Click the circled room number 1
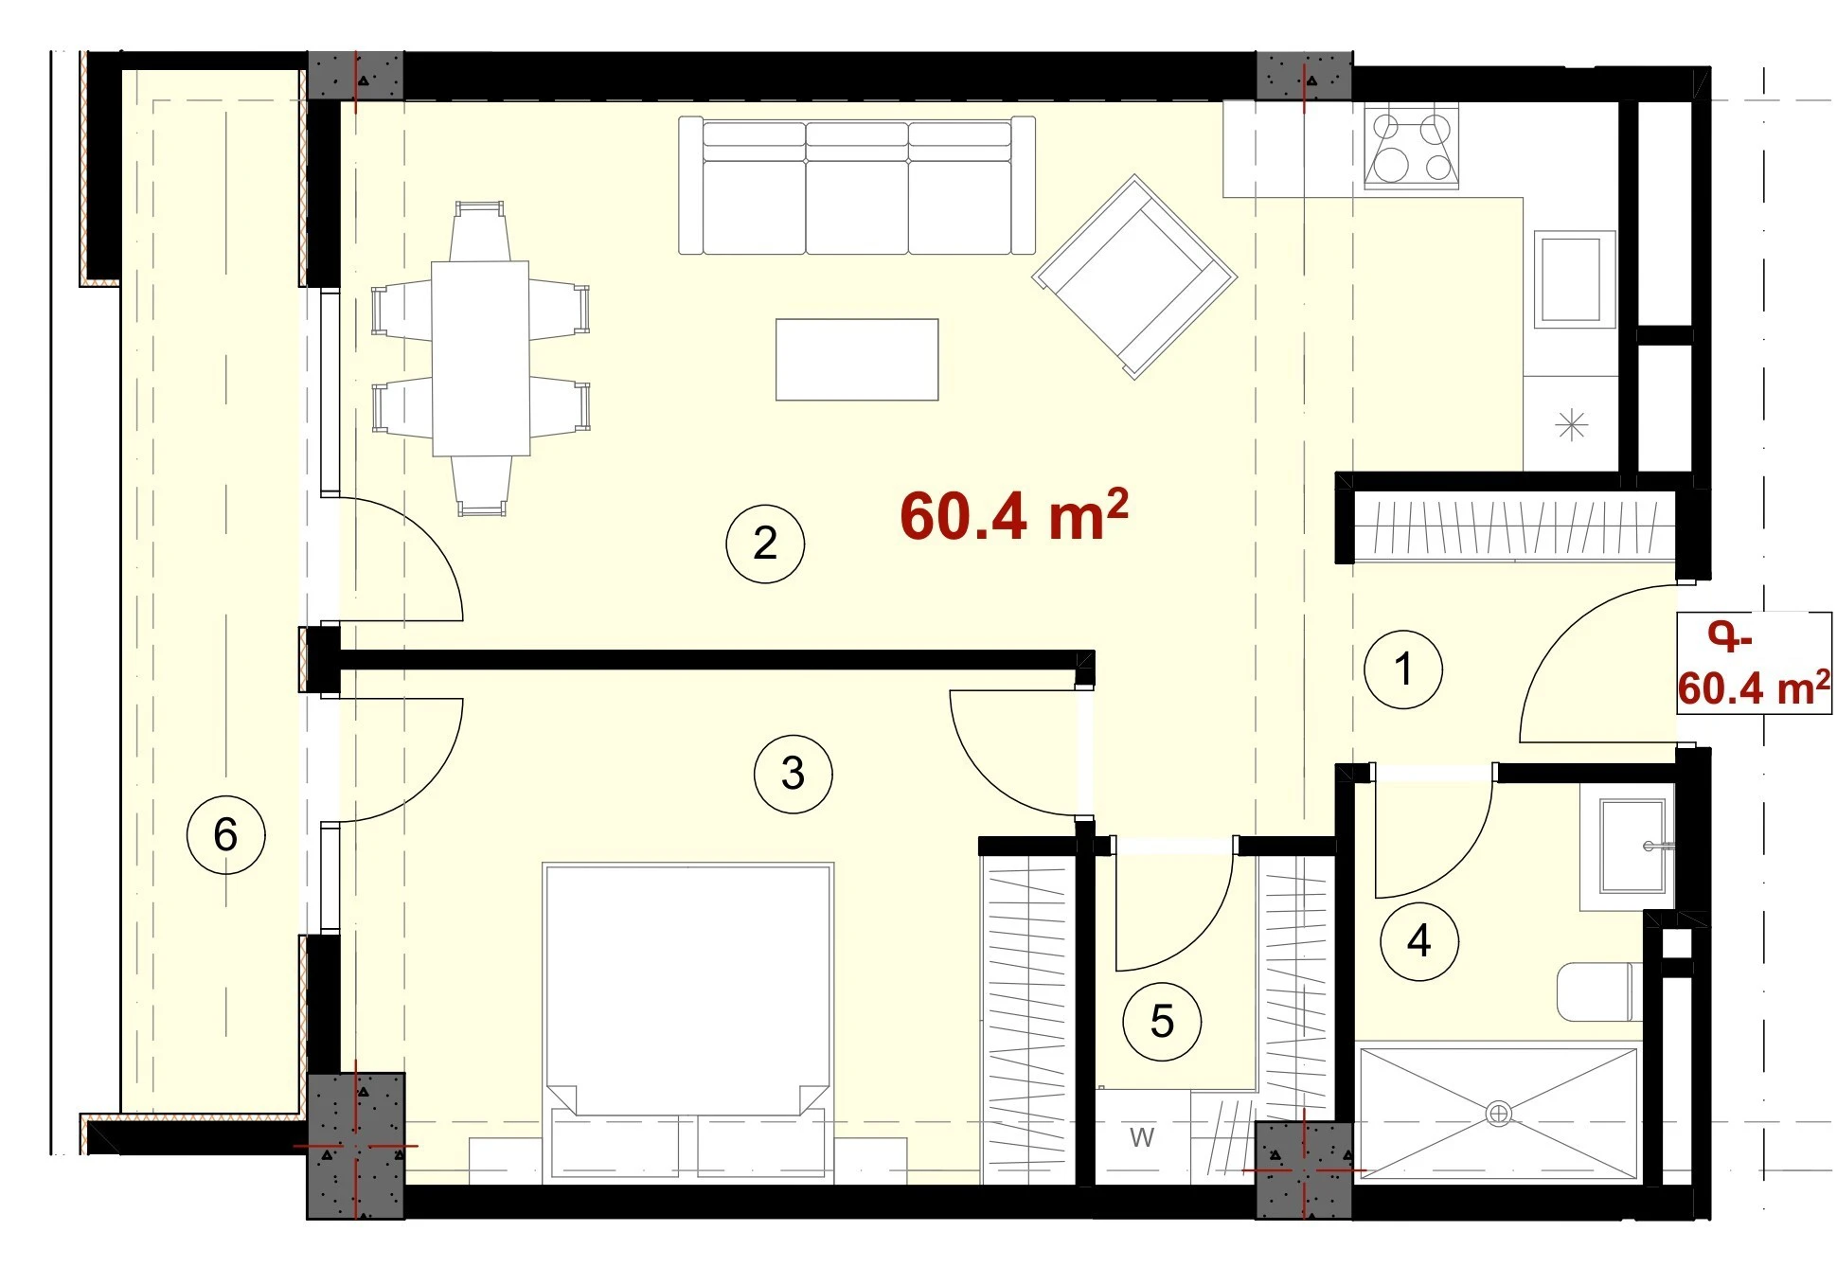1403,669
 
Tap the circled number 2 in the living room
765,543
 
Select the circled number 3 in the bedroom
794,774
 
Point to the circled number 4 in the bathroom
1418,940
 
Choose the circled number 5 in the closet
1162,1021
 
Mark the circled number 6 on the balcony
225,834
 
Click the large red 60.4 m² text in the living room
1013,515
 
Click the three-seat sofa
857,186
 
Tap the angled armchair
1134,277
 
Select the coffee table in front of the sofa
857,360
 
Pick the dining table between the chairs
481,359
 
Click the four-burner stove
1411,147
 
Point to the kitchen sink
1574,279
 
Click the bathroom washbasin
1632,847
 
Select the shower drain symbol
1498,1114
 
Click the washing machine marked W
1143,1136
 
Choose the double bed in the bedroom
688,1023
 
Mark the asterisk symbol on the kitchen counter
1572,425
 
